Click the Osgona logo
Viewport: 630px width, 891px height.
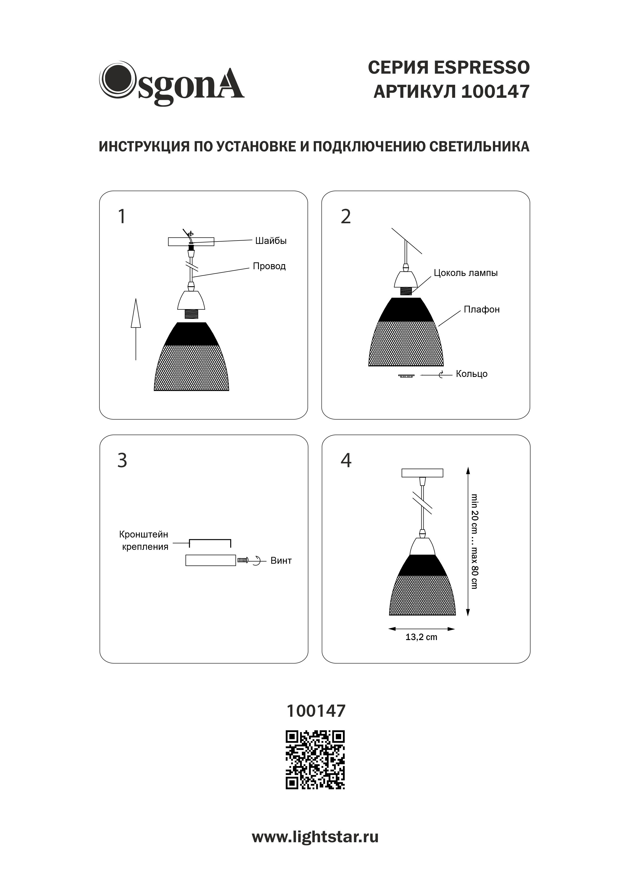pos(172,83)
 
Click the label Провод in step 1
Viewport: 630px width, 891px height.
pos(269,266)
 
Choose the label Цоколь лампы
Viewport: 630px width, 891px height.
pos(466,273)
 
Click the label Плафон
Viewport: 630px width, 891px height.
pos(482,310)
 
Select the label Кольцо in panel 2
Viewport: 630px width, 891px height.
pos(472,374)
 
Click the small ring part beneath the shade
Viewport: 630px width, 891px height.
pos(406,376)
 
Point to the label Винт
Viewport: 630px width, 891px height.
pos(281,561)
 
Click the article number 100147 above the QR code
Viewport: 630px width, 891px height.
pos(316,711)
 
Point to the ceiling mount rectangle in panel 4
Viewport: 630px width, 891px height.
pos(422,473)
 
